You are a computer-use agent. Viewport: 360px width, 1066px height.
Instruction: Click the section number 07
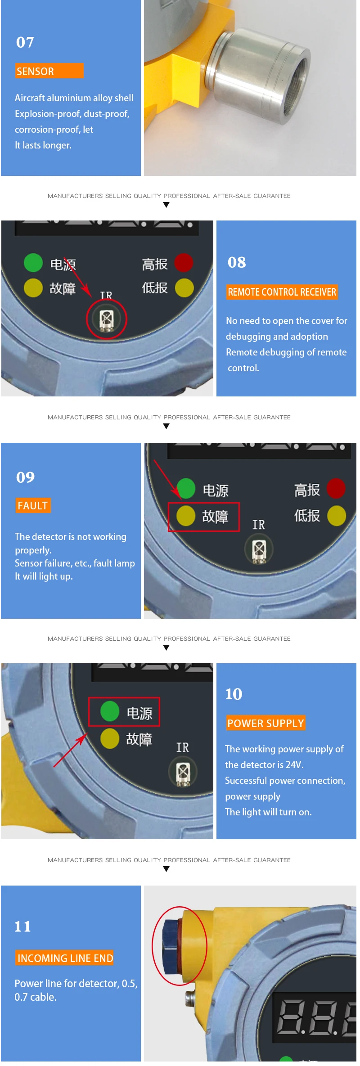pos(25,42)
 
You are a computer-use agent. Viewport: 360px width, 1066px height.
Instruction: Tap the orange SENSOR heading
pos(49,71)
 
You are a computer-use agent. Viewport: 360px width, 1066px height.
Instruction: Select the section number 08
pos(237,262)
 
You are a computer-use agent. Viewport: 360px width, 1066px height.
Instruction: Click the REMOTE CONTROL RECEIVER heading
pos(282,292)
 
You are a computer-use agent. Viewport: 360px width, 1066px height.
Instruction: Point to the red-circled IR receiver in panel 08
pos(106,319)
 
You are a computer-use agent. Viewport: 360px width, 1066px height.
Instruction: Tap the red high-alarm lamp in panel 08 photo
pos(184,263)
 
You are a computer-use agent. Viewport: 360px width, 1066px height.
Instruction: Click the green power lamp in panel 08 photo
pos(33,263)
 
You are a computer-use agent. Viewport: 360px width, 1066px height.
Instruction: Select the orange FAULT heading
pos(33,505)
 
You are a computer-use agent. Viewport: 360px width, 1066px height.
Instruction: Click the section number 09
pos(26,477)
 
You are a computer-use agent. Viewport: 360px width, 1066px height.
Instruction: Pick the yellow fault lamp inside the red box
pos(186,516)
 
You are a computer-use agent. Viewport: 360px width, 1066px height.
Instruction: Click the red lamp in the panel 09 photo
pos(336,489)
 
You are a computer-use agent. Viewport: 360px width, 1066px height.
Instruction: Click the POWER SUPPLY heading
pos(266,723)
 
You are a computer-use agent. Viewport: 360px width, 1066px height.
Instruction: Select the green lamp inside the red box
pos(110,711)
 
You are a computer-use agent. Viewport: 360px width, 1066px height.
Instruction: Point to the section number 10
pos(234,694)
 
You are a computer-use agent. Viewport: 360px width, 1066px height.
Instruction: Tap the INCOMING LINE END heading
pos(65,958)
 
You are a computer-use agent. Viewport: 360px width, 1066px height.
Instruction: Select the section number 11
pos(23,927)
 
